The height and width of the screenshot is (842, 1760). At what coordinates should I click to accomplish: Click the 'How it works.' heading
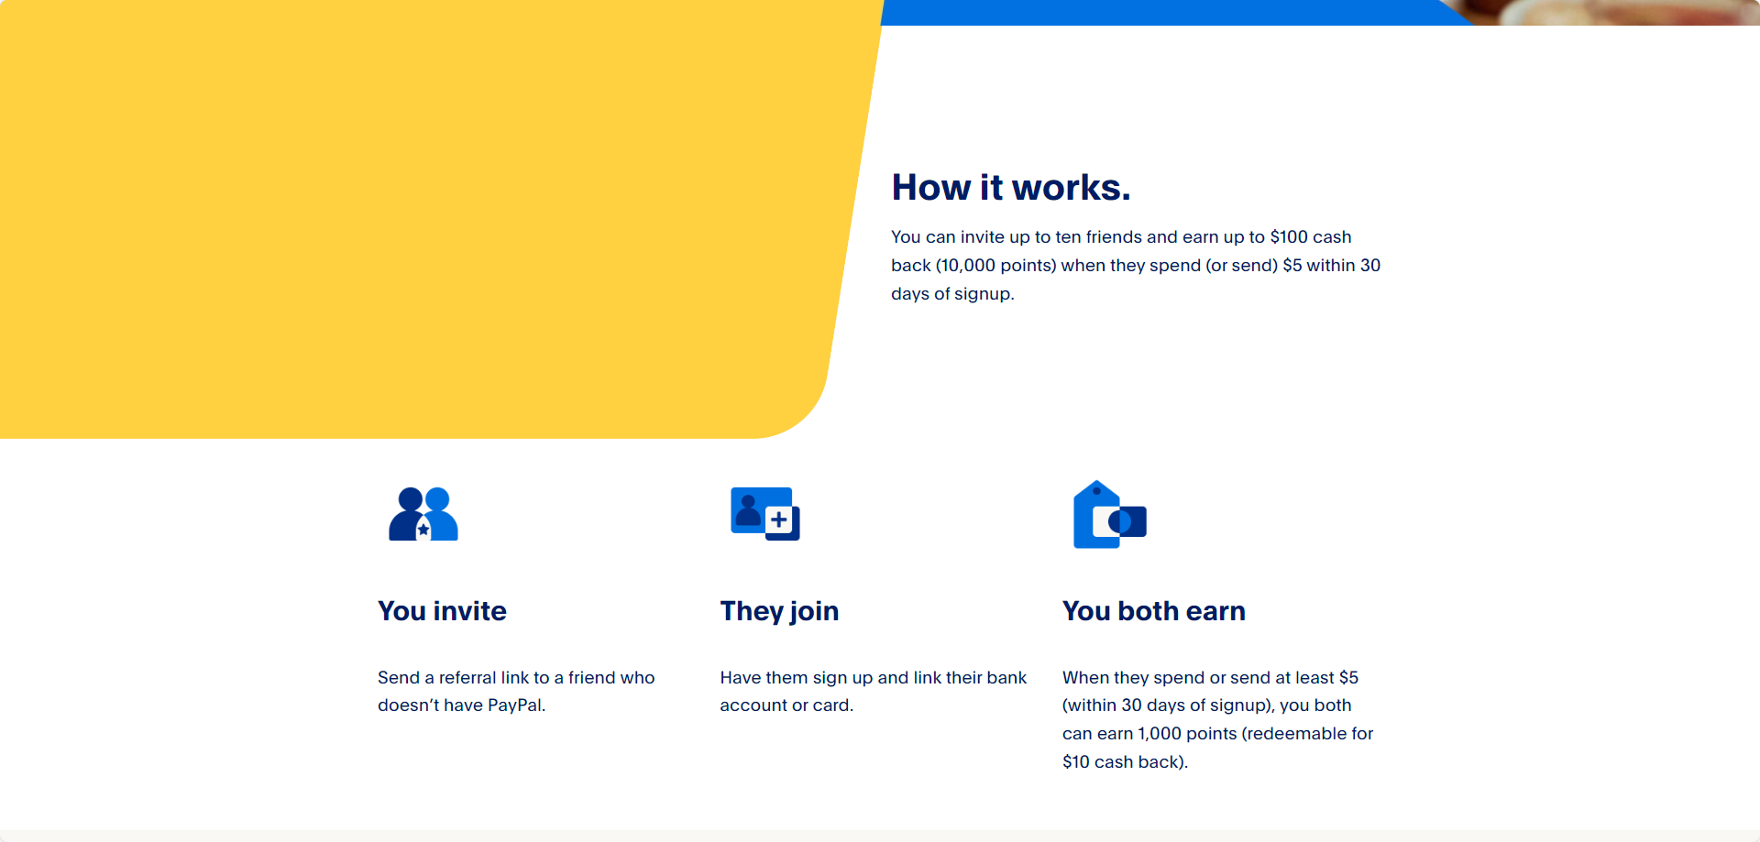click(1010, 188)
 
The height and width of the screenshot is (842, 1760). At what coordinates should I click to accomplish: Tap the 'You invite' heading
click(442, 611)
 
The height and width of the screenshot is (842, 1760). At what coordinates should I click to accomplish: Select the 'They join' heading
click(779, 611)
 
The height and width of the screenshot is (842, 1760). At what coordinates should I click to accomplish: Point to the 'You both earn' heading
click(1153, 611)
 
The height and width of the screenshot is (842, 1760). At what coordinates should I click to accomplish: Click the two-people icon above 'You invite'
click(423, 514)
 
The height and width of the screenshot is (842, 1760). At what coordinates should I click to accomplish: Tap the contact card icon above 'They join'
click(764, 514)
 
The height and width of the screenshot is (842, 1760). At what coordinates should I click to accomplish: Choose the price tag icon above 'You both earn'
click(1108, 515)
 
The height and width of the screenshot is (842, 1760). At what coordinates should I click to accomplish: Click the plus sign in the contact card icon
click(779, 520)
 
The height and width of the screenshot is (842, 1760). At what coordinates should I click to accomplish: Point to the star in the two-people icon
click(423, 530)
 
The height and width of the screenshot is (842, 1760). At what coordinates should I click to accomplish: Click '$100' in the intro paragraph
click(1289, 237)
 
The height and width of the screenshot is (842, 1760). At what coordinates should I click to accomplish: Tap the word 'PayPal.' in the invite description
click(516, 705)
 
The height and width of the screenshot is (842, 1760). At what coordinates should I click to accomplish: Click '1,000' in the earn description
click(1160, 734)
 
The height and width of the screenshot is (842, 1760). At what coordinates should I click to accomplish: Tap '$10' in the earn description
click(1075, 762)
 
